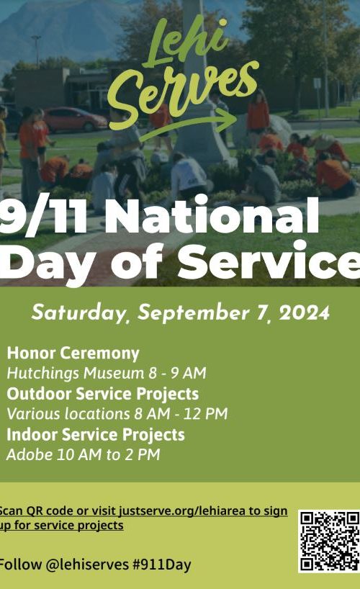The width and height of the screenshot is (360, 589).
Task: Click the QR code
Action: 329,541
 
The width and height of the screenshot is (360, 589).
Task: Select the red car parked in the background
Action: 75,120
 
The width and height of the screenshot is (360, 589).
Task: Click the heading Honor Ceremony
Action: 73,354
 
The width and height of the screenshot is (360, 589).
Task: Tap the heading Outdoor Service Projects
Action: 102,394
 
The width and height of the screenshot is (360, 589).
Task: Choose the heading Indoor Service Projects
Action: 96,435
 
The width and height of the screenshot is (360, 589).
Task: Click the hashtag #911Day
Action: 162,565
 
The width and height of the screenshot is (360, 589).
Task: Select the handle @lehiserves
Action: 87,565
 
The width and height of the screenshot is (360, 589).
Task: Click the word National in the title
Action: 212,217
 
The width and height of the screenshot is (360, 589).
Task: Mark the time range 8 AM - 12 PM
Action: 181,414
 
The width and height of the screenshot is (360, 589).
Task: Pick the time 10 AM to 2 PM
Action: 109,454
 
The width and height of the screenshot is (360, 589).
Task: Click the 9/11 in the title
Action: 44,217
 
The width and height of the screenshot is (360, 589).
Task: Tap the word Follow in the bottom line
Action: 20,565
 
